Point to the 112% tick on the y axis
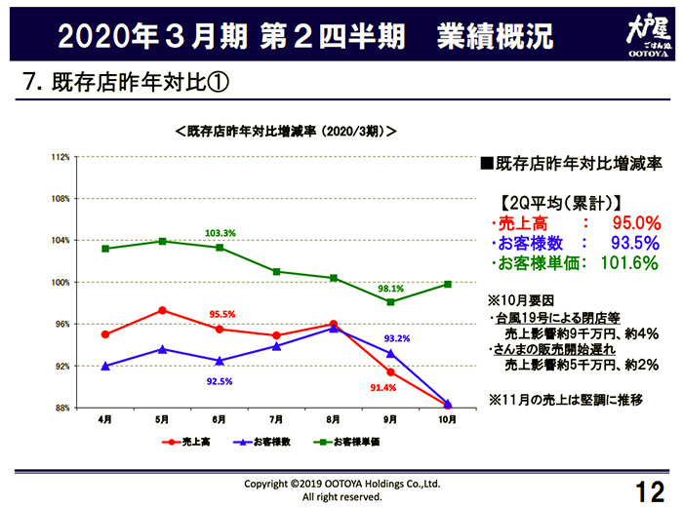[x=60, y=157]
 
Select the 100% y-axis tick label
[x=60, y=283]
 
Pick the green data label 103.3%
[x=221, y=234]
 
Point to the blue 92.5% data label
[x=221, y=381]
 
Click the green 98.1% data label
[x=391, y=289]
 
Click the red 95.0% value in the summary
[x=635, y=223]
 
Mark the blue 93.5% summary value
[x=635, y=243]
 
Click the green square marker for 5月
[x=162, y=241]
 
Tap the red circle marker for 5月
[x=162, y=310]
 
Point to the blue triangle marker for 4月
[x=104, y=366]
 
